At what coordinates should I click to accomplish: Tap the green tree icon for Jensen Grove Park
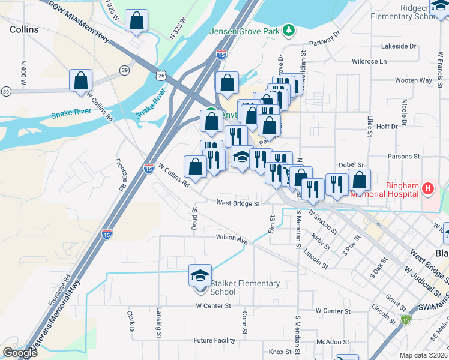pyautogui.click(x=289, y=29)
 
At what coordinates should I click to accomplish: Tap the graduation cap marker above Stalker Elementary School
pyautogui.click(x=200, y=275)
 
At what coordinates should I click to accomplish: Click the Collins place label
pyautogui.click(x=24, y=29)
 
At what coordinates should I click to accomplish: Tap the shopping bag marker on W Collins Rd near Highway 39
pyautogui.click(x=80, y=80)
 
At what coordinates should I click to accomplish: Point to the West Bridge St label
pyautogui.click(x=238, y=203)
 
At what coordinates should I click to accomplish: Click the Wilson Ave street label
pyautogui.click(x=232, y=239)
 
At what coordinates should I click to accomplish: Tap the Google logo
pyautogui.click(x=20, y=353)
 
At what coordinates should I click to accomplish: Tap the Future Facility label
pyautogui.click(x=214, y=340)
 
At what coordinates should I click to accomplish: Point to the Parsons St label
pyautogui.click(x=403, y=156)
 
